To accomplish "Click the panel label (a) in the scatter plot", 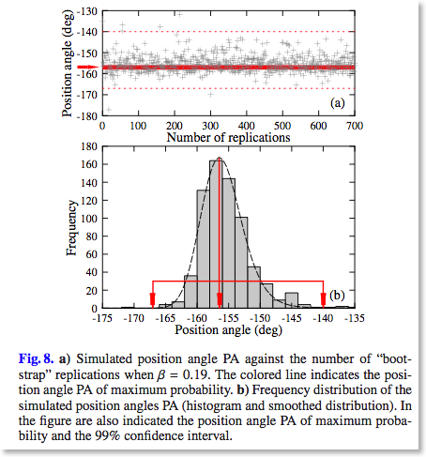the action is click(337, 103).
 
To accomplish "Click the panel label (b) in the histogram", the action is click(337, 295).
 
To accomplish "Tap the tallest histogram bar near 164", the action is click(216, 234).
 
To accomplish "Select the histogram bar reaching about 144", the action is click(229, 243).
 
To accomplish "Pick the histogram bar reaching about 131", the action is click(204, 249).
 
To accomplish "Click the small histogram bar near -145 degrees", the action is click(292, 300).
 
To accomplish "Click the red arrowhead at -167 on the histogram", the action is click(153, 300).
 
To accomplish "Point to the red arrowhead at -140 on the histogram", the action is click(324, 300).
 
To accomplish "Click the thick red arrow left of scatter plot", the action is click(88, 67).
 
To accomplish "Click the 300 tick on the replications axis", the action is click(210, 126).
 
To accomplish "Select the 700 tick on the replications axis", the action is click(355, 126).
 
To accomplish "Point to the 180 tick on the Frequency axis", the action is click(89, 146).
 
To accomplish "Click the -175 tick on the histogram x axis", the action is click(102, 318).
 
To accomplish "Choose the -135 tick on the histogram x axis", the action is click(355, 318).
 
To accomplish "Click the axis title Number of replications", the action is click(228, 137).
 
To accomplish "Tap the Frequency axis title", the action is click(71, 228).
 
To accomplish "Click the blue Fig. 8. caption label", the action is click(37, 358).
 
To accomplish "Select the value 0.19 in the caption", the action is click(199, 374).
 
